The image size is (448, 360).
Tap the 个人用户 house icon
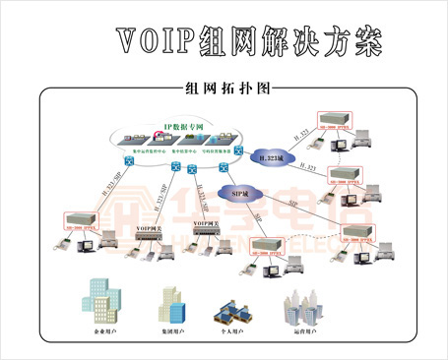tap(230, 310)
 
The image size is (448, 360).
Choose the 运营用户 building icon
tap(303, 308)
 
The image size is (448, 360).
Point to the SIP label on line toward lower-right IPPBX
tap(291, 204)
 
